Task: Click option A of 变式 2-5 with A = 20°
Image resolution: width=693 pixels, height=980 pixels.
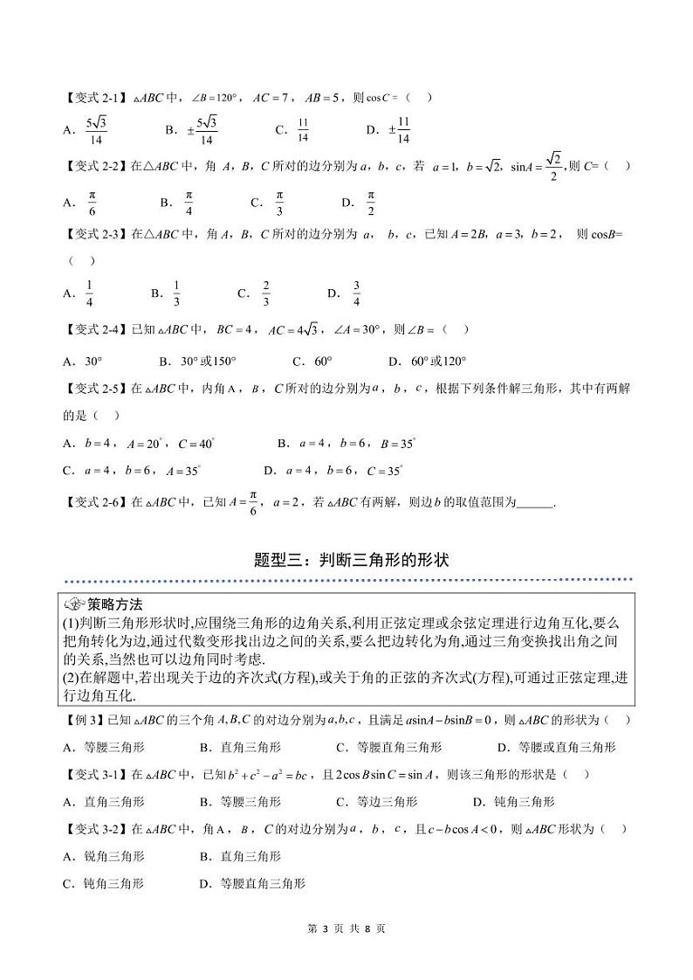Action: (139, 443)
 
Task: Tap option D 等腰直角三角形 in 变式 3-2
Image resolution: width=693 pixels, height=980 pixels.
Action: (252, 883)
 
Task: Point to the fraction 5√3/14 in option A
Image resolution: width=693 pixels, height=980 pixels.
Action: (96, 130)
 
